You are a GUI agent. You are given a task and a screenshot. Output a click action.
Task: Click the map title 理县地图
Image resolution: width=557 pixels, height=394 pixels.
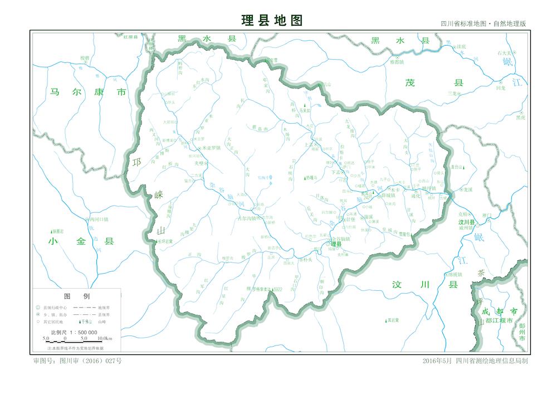(272, 21)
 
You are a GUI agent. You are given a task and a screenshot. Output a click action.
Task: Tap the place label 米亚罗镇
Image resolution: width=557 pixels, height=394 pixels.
(212, 148)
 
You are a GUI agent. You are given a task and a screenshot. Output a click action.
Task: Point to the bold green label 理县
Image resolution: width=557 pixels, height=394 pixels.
(336, 244)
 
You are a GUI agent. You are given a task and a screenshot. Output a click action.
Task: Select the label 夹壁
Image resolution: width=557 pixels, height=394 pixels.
(199, 163)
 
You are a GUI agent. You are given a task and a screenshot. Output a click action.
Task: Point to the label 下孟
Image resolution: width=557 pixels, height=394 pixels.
(335, 173)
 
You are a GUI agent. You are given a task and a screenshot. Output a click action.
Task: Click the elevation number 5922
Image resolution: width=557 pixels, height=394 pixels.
(278, 289)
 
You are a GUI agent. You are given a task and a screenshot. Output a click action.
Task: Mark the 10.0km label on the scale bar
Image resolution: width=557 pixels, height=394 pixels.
(105, 338)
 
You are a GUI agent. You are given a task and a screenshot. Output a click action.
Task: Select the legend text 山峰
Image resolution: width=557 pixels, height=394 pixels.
(102, 322)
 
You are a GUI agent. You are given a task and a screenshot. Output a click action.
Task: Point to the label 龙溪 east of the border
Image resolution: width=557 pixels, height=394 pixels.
(467, 189)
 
